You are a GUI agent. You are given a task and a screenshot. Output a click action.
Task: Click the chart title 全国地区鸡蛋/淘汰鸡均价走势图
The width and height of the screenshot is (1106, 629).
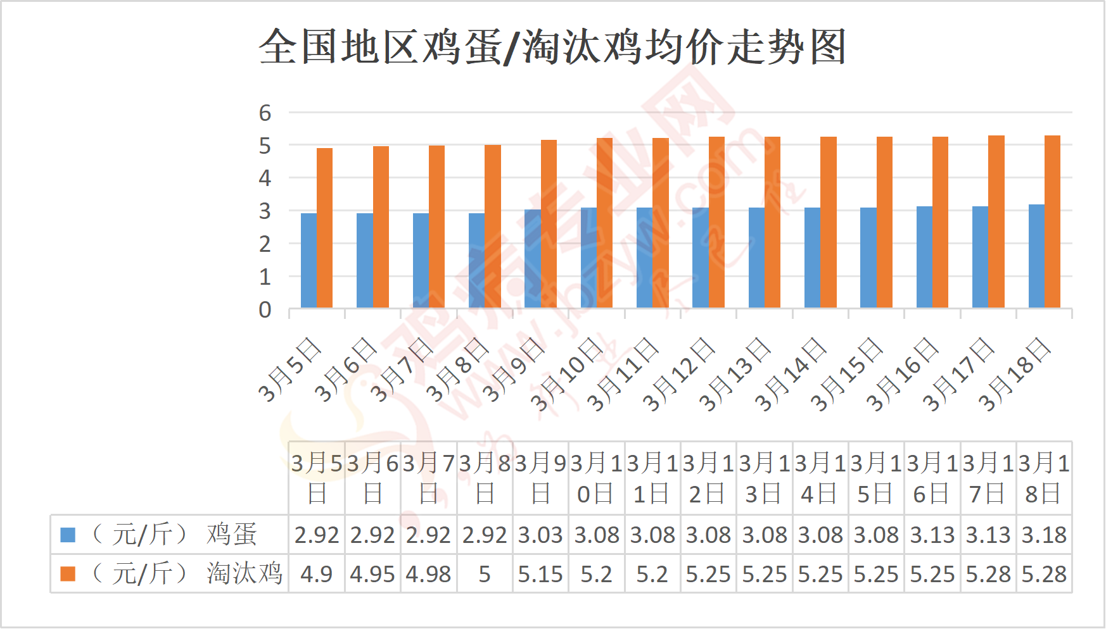tap(552, 47)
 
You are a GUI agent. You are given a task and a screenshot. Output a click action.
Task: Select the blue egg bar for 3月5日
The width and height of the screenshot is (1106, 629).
tap(308, 261)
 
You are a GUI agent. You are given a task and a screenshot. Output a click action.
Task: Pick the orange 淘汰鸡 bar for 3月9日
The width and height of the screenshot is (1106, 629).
tap(549, 224)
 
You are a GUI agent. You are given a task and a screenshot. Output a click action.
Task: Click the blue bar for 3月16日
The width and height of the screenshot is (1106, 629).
tap(924, 257)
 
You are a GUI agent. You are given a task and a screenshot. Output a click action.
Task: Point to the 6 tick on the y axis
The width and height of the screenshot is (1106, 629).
tap(265, 113)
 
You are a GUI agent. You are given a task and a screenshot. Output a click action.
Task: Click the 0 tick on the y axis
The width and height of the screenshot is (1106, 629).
tap(265, 310)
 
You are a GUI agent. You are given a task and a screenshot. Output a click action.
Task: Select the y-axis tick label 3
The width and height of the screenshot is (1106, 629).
tap(265, 211)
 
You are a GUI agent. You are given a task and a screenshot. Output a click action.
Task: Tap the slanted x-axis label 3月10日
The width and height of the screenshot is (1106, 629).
tap(566, 375)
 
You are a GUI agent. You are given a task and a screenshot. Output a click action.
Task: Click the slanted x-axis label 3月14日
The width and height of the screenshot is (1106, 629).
tap(790, 375)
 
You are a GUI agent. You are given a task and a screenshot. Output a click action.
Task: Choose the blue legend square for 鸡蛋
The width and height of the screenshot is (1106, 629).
tap(68, 535)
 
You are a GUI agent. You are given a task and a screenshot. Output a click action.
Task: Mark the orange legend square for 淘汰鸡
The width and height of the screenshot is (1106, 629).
tap(68, 574)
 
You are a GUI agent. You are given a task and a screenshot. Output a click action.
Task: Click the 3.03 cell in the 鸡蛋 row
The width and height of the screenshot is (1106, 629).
tap(540, 535)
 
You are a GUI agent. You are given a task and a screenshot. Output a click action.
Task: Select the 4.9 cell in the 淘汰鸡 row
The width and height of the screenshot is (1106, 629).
tap(316, 575)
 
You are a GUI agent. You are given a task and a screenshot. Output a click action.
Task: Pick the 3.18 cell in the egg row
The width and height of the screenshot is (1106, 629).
tap(1044, 535)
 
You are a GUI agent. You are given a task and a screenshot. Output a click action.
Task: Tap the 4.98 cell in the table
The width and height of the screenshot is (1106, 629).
tap(428, 575)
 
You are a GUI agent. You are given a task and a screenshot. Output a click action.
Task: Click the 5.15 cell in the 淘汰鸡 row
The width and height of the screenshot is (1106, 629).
tap(540, 575)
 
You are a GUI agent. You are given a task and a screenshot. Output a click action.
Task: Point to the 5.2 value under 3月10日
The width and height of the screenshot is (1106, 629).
tap(596, 575)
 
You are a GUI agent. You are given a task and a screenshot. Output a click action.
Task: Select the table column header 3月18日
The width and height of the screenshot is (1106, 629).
tap(1044, 478)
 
